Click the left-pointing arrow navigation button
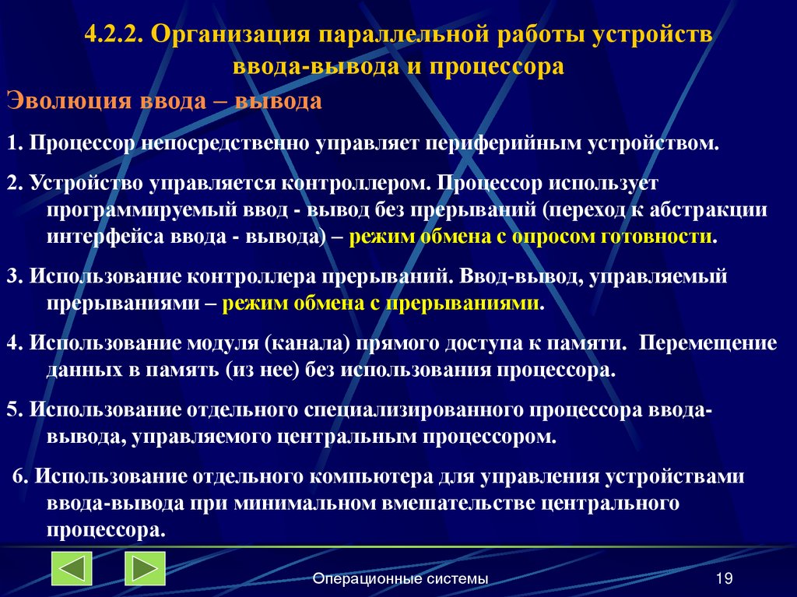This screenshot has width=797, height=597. [72, 569]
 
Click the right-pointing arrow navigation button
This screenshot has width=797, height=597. [145, 569]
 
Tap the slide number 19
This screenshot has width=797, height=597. [723, 578]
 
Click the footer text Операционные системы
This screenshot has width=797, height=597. [400, 578]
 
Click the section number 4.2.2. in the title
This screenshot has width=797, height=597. [115, 36]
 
